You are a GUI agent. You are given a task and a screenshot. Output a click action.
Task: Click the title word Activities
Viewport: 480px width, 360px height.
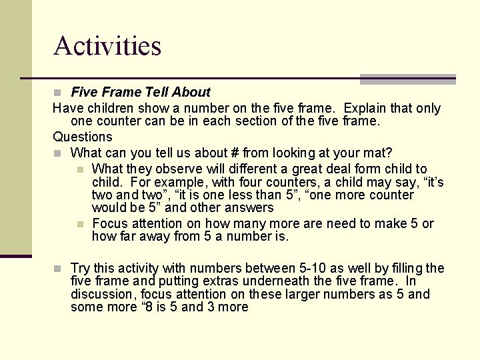tap(107, 46)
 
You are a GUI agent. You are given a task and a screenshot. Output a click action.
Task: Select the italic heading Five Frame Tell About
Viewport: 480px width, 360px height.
tap(140, 92)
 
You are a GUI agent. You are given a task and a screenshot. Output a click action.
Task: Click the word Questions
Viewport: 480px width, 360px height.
tap(83, 137)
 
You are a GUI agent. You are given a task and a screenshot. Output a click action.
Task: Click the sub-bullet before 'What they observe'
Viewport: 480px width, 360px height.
tap(80, 169)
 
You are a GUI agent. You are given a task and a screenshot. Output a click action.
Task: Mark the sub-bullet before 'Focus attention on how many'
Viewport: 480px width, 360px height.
tap(80, 224)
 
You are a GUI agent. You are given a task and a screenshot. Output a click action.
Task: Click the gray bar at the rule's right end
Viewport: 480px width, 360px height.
tap(407, 79)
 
